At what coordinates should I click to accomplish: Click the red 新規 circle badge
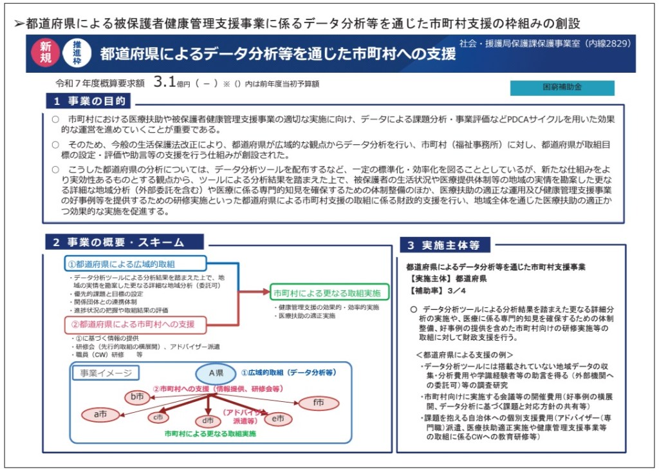(45, 53)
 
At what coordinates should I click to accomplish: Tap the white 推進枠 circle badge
(77, 53)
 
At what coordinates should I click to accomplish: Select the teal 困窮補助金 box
(562, 88)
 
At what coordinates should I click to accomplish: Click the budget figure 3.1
(165, 82)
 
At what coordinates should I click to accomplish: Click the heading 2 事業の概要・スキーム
(124, 242)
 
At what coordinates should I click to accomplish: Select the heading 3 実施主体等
(448, 245)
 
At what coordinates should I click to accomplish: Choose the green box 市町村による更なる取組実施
(326, 293)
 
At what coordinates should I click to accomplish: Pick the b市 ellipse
(137, 397)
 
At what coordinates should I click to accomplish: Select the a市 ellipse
(100, 415)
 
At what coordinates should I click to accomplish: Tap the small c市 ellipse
(157, 418)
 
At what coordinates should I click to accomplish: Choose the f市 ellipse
(318, 403)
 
